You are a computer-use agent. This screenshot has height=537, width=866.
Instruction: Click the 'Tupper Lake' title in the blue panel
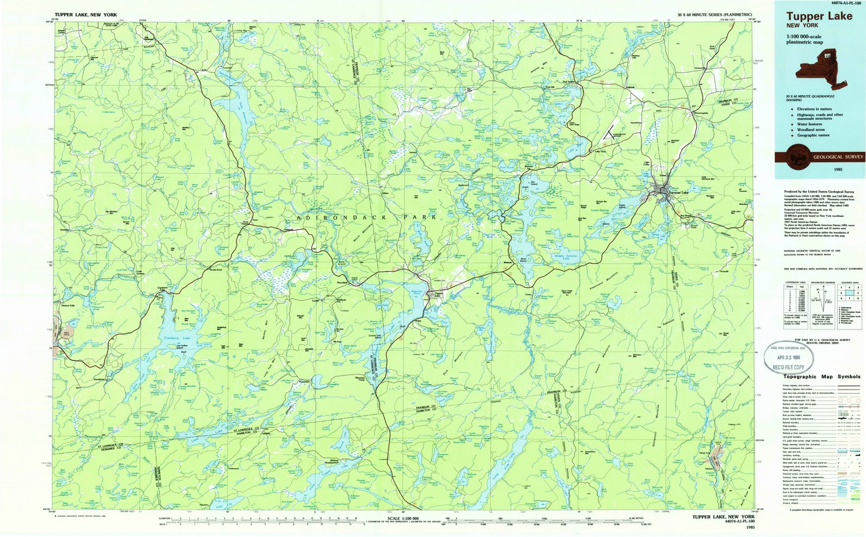(x=819, y=16)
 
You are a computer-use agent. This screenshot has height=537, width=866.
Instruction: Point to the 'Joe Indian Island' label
(x=185, y=346)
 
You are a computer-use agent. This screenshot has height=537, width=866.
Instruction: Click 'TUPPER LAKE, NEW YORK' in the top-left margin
(x=86, y=15)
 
